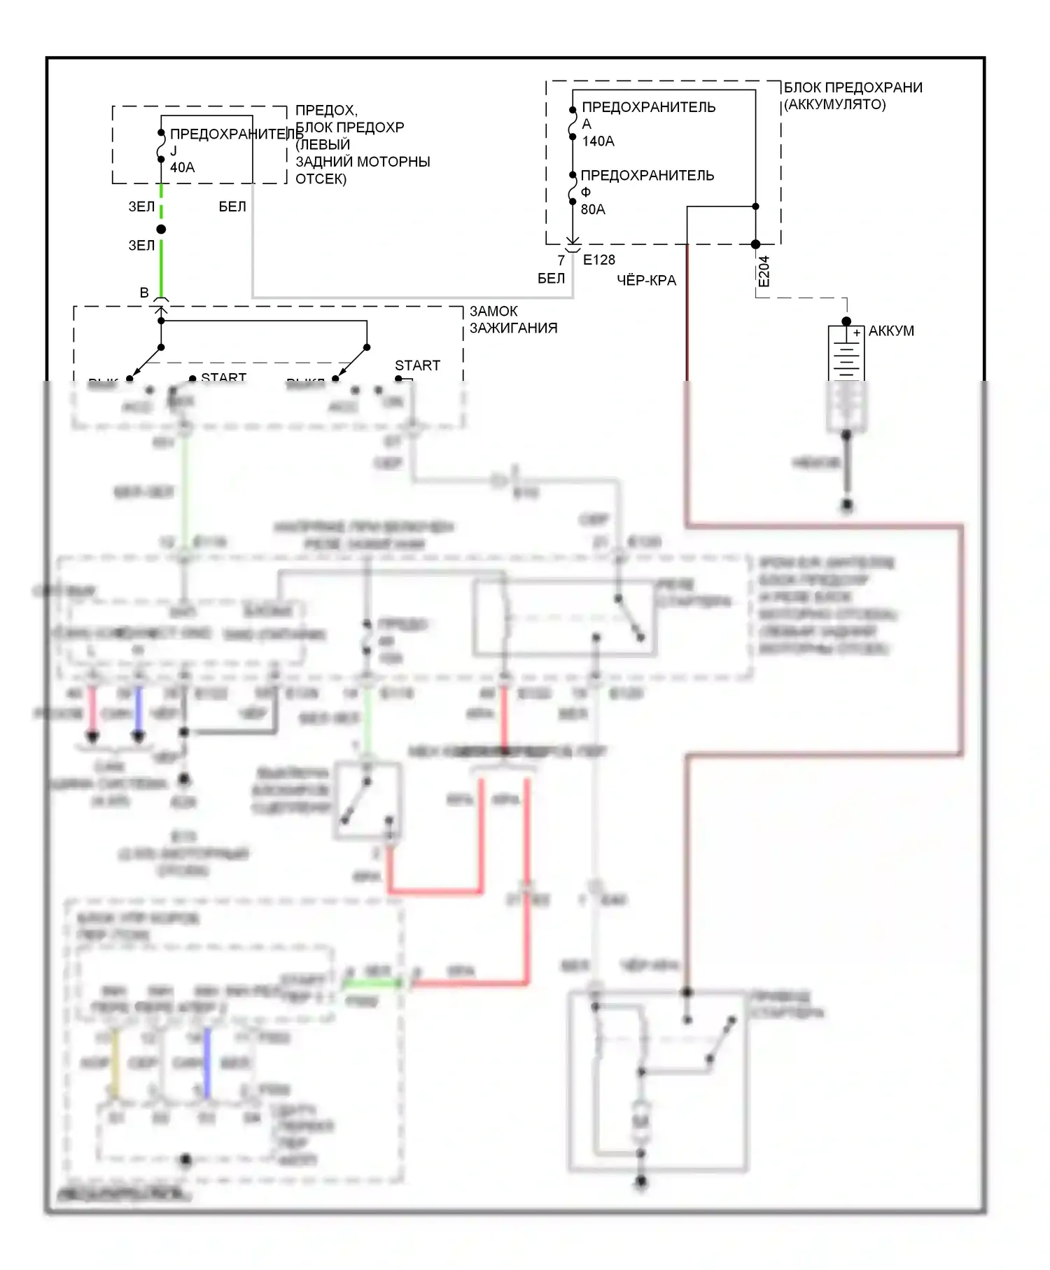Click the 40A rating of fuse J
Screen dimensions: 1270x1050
click(182, 167)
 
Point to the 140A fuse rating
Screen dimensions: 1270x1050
click(598, 141)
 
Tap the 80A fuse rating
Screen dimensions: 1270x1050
click(593, 209)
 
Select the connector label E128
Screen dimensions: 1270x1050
click(598, 260)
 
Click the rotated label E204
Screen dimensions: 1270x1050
click(764, 271)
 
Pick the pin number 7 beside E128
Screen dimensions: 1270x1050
click(561, 260)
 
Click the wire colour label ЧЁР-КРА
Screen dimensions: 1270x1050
click(646, 281)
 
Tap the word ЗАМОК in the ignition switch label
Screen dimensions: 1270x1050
click(493, 311)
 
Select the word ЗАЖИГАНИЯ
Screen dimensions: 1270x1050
click(513, 328)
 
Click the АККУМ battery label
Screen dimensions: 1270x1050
click(891, 331)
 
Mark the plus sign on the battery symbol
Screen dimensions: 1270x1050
click(857, 333)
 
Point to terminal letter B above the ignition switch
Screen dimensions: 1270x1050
click(144, 293)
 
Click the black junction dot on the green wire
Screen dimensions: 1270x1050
click(161, 229)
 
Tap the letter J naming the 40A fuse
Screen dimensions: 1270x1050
click(174, 151)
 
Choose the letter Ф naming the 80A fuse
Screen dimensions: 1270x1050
click(586, 192)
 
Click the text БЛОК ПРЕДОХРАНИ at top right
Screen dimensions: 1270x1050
click(853, 88)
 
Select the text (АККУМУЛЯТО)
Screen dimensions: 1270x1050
click(834, 104)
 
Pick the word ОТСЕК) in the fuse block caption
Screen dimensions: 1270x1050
click(321, 179)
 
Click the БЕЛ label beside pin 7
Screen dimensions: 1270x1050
click(551, 279)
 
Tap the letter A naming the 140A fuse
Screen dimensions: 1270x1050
click(587, 124)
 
